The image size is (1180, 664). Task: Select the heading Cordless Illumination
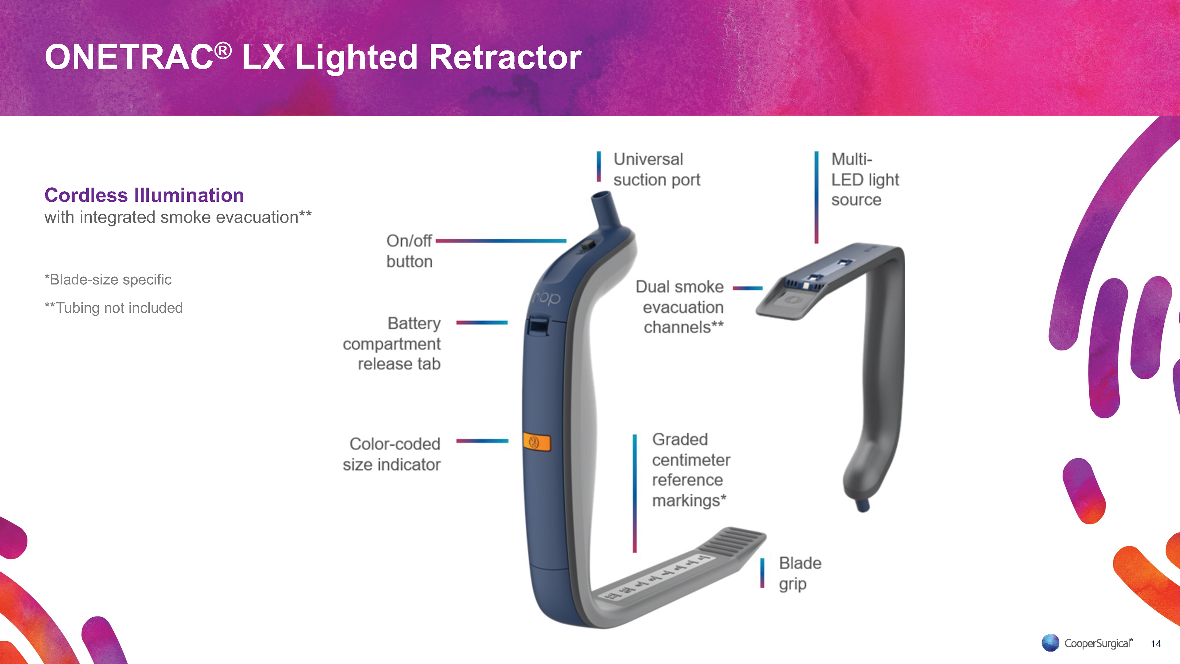click(144, 195)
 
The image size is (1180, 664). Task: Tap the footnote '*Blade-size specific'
click(108, 279)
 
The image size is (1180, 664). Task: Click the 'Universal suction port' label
click(656, 170)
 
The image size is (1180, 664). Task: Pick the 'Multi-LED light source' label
click(865, 180)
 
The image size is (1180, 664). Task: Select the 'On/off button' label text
click(409, 251)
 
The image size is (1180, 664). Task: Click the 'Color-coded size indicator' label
click(392, 454)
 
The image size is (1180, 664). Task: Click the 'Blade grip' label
click(800, 573)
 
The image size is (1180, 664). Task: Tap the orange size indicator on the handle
click(537, 443)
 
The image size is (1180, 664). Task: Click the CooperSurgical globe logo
click(1050, 642)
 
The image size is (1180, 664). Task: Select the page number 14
click(1156, 644)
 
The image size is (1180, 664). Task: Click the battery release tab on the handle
click(537, 326)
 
